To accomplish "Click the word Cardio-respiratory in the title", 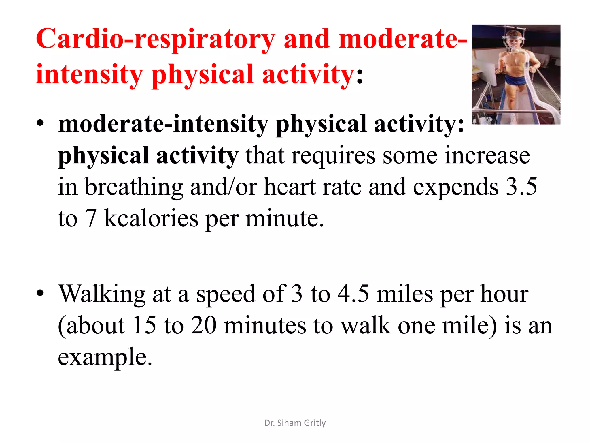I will click(x=156, y=40).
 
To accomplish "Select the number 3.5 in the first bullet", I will click(x=521, y=187).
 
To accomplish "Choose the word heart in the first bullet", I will click(x=289, y=187).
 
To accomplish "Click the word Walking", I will click(x=102, y=294).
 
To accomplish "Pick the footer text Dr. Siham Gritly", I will click(x=295, y=423).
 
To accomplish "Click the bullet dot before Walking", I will click(x=40, y=293).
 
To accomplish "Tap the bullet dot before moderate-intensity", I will click(x=40, y=123).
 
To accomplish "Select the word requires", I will click(x=333, y=156).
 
